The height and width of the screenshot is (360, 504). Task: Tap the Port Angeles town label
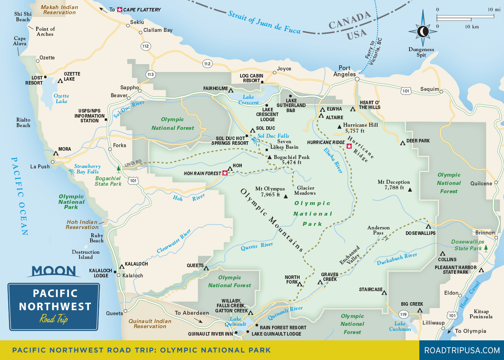345,71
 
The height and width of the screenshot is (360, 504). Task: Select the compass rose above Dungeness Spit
423,31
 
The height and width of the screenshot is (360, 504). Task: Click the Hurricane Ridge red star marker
349,146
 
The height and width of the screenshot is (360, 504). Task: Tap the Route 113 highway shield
150,74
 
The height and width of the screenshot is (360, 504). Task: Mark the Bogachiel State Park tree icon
118,169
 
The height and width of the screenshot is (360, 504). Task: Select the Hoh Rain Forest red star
225,173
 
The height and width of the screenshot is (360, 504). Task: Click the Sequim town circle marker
441,92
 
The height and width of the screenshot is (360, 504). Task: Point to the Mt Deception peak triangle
410,190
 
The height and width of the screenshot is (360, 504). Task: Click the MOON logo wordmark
54,271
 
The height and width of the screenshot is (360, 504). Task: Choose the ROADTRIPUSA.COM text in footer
461,350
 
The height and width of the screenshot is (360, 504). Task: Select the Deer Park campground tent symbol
402,143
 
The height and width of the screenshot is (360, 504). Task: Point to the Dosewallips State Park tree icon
486,247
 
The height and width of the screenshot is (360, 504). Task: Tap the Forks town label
120,145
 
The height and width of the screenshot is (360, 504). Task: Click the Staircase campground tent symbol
384,292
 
